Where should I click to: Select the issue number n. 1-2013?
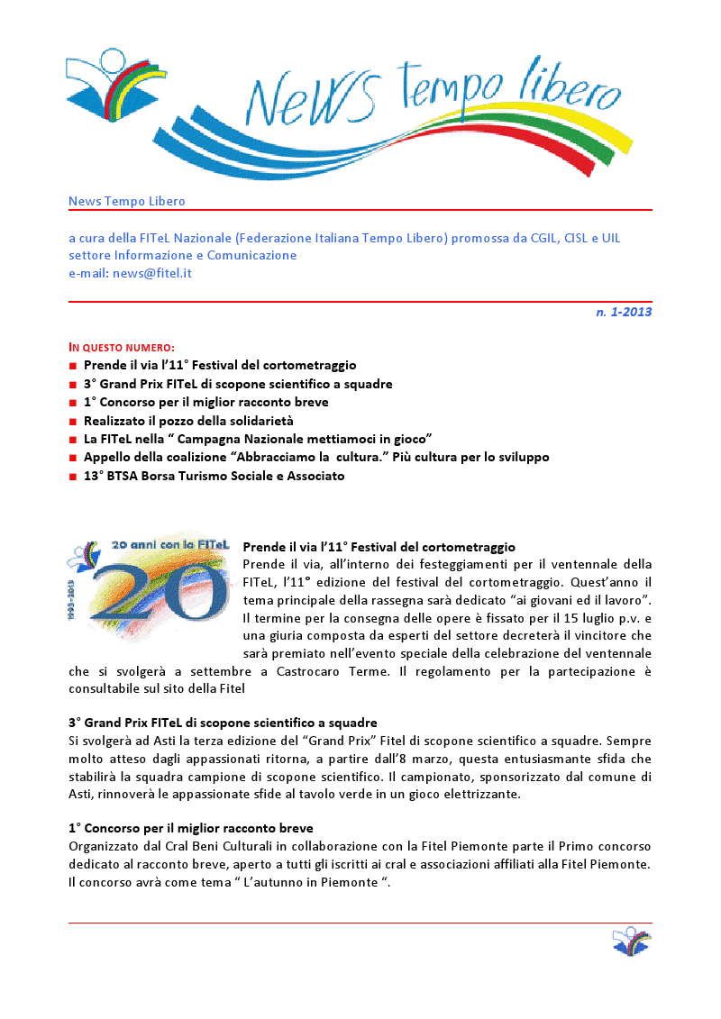pos(624,313)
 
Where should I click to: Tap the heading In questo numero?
pos(122,347)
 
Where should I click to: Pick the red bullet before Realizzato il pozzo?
pos(72,421)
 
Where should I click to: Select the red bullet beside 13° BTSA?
pos(72,477)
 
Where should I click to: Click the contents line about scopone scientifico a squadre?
pos(238,384)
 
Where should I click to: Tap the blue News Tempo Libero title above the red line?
pos(126,201)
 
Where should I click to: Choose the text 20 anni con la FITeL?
pos(171,545)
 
